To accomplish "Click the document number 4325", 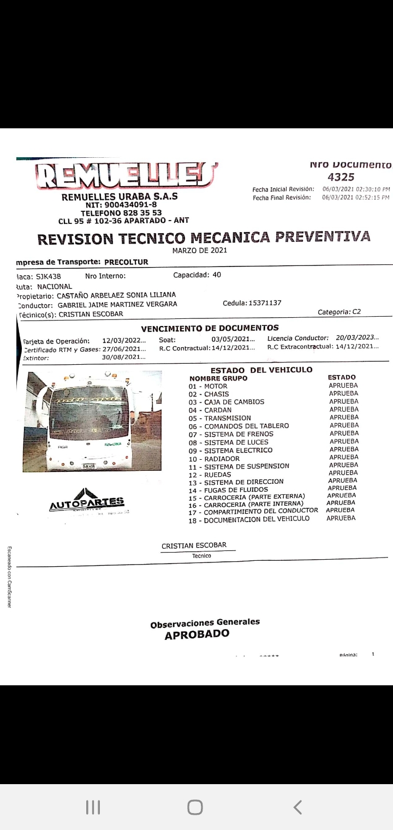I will tap(341, 177).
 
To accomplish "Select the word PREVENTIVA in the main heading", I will tap(323, 237).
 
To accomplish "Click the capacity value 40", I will tap(217, 275).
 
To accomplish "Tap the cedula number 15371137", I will tap(264, 303).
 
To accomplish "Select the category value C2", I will tap(356, 312).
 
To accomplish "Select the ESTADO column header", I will tap(342, 377).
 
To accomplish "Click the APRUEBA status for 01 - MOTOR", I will tap(343, 386).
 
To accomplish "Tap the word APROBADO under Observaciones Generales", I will tap(197, 635).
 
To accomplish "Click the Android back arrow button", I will tap(297, 807).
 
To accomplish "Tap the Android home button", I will tap(195, 807).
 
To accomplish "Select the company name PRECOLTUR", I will tap(126, 262).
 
